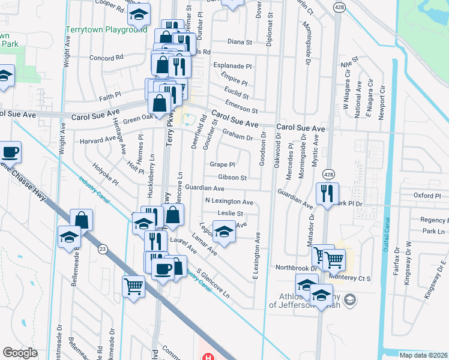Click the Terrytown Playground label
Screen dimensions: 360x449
pos(105,29)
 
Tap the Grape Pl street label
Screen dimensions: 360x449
pos(221,164)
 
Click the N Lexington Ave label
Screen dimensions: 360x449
pos(229,202)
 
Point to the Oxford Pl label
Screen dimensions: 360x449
pos(427,196)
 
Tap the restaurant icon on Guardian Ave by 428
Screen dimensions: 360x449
pos(327,193)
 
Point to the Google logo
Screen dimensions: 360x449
pos(20,353)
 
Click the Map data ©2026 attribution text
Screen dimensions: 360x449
pos(423,355)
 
